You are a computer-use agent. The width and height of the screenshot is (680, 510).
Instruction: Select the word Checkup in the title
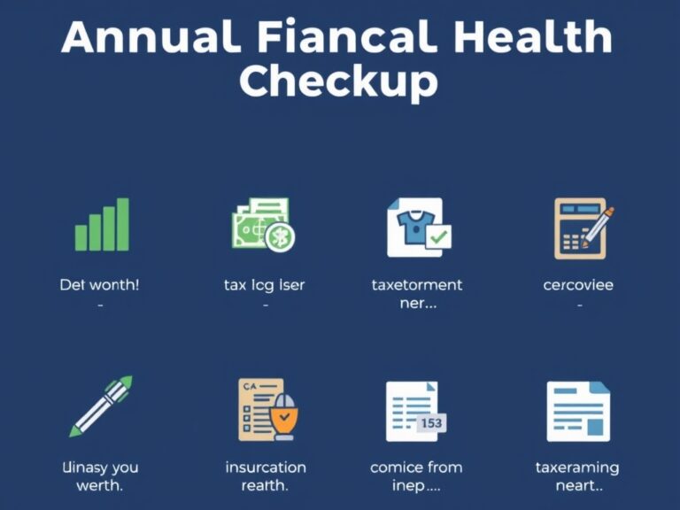tap(339, 81)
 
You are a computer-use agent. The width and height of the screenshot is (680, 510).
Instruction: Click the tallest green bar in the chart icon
tap(123, 224)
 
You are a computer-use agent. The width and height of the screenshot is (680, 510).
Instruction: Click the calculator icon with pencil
tap(582, 228)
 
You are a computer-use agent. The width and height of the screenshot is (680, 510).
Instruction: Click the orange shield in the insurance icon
tap(284, 416)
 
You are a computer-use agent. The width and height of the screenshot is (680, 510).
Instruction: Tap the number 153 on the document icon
tap(430, 423)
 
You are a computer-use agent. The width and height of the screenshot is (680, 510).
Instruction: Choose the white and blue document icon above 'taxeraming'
tap(578, 412)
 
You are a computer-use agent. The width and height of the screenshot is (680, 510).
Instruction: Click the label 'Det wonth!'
tap(99, 285)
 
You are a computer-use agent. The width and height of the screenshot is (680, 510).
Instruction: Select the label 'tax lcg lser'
tap(265, 285)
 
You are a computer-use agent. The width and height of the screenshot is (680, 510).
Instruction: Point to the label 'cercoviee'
tap(578, 285)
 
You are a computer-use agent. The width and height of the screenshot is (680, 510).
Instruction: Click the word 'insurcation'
tap(266, 467)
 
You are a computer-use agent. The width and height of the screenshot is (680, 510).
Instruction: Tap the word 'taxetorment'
tap(417, 285)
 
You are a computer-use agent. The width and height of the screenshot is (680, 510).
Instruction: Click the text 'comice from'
tap(416, 467)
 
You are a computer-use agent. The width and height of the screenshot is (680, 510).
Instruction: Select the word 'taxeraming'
tap(577, 467)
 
